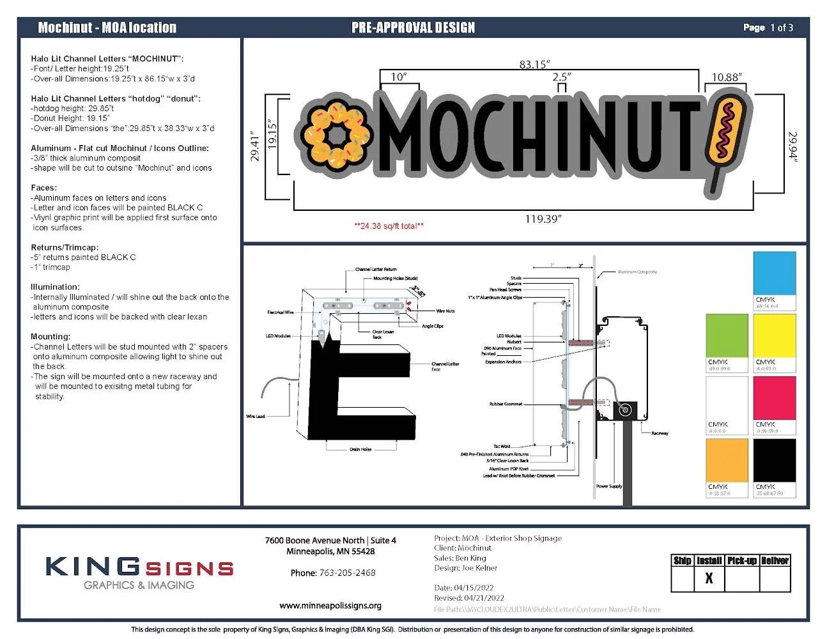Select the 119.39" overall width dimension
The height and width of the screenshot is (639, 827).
tap(543, 219)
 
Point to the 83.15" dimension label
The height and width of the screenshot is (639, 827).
tap(534, 65)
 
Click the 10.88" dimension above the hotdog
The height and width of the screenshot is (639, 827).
tap(727, 77)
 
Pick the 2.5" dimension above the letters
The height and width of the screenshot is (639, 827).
tap(561, 77)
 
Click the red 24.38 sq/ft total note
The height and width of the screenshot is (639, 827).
tap(389, 226)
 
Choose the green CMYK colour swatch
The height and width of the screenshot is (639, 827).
tap(727, 335)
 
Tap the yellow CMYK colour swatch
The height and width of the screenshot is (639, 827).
tap(775, 335)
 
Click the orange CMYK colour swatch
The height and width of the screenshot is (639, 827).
tap(727, 460)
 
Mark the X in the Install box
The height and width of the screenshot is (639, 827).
tap(709, 579)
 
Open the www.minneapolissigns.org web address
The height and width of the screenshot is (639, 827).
tap(330, 605)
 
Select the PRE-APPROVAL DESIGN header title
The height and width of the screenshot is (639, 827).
tap(413, 27)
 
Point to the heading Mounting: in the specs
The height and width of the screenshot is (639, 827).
tap(50, 337)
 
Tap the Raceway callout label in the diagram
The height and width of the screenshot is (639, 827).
tap(660, 433)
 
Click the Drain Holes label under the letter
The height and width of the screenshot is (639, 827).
tap(360, 449)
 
